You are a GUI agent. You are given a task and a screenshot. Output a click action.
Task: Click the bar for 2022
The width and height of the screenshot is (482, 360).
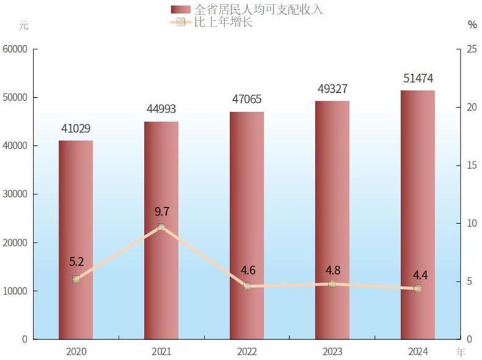(247, 225)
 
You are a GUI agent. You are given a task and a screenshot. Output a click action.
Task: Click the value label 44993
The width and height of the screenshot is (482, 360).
(161, 109)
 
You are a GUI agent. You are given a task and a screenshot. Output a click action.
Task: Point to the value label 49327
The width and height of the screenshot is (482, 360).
(332, 89)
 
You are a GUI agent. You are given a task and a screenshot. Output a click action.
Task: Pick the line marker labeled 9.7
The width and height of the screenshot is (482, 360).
(161, 227)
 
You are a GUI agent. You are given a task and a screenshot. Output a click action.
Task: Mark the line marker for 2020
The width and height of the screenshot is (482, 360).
(76, 279)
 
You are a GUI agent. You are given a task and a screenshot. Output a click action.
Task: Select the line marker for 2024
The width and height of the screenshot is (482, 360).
(417, 288)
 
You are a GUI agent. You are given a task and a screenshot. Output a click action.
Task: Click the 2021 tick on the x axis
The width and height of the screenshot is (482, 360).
(161, 351)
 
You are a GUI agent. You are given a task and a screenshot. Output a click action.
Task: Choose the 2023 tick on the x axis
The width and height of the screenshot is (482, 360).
(332, 351)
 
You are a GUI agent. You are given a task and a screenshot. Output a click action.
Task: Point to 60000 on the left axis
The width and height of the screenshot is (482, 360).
(15, 49)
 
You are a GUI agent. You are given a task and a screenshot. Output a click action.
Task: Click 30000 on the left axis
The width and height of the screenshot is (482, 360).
(15, 194)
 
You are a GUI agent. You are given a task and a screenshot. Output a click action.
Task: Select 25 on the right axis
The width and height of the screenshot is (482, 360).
(471, 49)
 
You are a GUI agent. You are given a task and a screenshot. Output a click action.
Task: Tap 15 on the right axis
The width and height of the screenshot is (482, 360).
(471, 166)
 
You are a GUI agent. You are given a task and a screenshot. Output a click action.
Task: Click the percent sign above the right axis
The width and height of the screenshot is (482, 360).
(472, 25)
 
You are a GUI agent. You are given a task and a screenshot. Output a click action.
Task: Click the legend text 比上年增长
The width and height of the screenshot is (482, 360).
(224, 23)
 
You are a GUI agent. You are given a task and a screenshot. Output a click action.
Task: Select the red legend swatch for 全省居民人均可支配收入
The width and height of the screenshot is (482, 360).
(180, 10)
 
